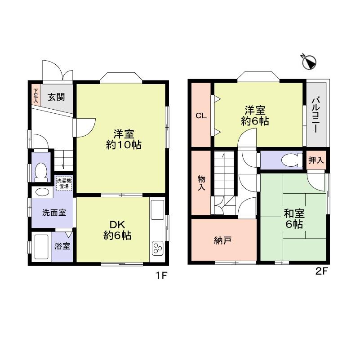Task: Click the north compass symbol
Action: click(x=310, y=62)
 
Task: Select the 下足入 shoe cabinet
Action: click(x=36, y=95)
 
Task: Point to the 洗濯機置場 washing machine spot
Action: click(x=63, y=183)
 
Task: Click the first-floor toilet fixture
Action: click(x=41, y=171)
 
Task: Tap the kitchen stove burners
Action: click(x=158, y=249)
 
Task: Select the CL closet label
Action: click(x=201, y=116)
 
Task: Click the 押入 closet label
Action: click(x=316, y=160)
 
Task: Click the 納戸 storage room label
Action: click(x=223, y=240)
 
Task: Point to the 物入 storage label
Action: click(x=201, y=182)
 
